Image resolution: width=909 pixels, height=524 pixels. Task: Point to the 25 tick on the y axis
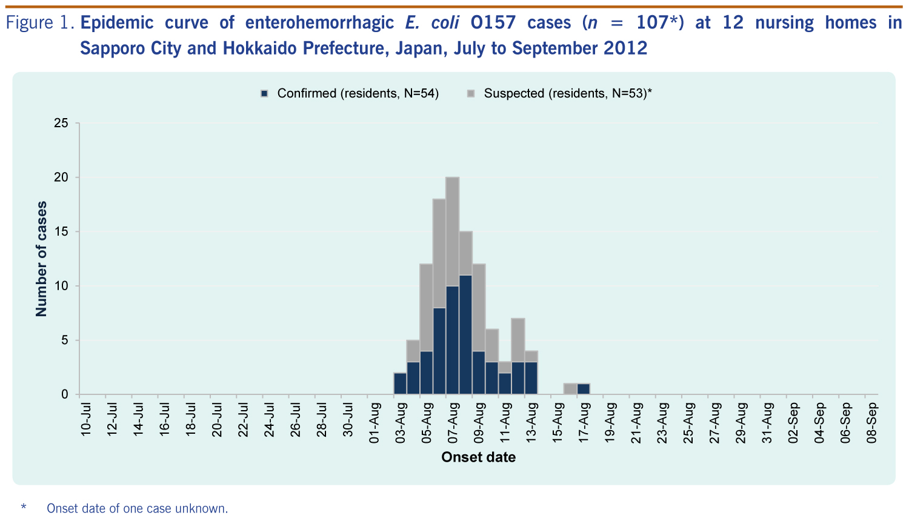tap(61, 123)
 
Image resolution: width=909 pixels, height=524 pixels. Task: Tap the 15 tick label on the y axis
tap(61, 231)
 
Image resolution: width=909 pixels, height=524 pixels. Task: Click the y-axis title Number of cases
tap(41, 259)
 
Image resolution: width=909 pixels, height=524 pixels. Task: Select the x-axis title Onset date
tap(478, 457)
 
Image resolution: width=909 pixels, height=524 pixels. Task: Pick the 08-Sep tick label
tap(872, 423)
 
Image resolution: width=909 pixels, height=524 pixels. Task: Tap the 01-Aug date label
tap(375, 422)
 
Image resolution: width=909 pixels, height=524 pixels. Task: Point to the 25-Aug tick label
tap(688, 423)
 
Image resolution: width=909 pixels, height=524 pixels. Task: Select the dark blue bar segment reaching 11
tap(465, 334)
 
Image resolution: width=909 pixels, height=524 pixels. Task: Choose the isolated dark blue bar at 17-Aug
tap(584, 389)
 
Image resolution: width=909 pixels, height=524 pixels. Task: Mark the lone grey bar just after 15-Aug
tap(570, 389)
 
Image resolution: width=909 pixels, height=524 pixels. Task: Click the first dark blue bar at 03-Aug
tap(400, 383)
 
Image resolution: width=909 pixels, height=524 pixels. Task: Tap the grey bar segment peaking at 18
tap(439, 253)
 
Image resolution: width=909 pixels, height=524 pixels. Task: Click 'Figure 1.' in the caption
tap(40, 23)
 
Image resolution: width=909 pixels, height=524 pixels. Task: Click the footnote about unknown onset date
tap(137, 508)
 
